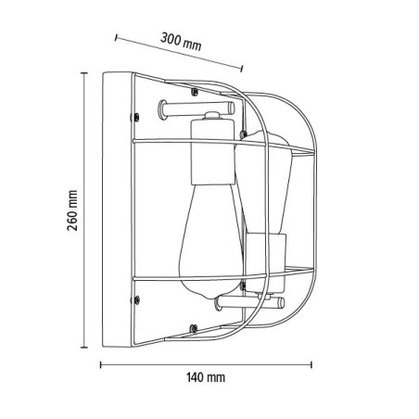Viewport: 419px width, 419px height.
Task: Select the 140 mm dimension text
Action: (x=205, y=377)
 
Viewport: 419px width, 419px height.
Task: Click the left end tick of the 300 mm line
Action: (x=117, y=36)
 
